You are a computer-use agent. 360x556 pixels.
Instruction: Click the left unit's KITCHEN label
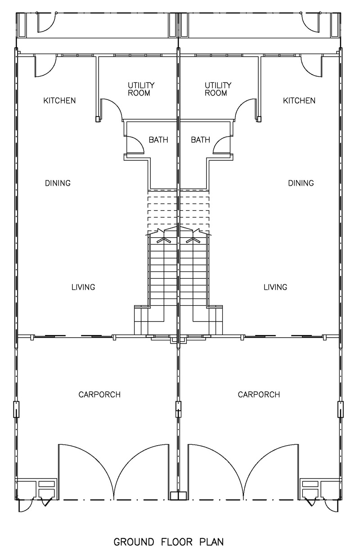[59, 100]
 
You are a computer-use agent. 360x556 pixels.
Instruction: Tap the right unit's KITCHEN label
[299, 100]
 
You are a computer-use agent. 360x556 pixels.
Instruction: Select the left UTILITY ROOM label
[141, 89]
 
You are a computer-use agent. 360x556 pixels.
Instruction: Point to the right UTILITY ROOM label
[218, 89]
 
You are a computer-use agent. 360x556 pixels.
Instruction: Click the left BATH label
[158, 140]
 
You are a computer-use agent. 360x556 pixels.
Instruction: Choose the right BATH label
[200, 140]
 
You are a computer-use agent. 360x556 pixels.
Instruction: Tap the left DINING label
[58, 183]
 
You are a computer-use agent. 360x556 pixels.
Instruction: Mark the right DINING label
[301, 183]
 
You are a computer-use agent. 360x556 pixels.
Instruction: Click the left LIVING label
[83, 287]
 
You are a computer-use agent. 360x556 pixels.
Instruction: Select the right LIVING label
[275, 287]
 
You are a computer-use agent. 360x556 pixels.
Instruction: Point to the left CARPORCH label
[99, 395]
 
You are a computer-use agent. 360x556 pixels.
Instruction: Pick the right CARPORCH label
[259, 395]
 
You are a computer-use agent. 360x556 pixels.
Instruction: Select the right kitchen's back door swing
[312, 66]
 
